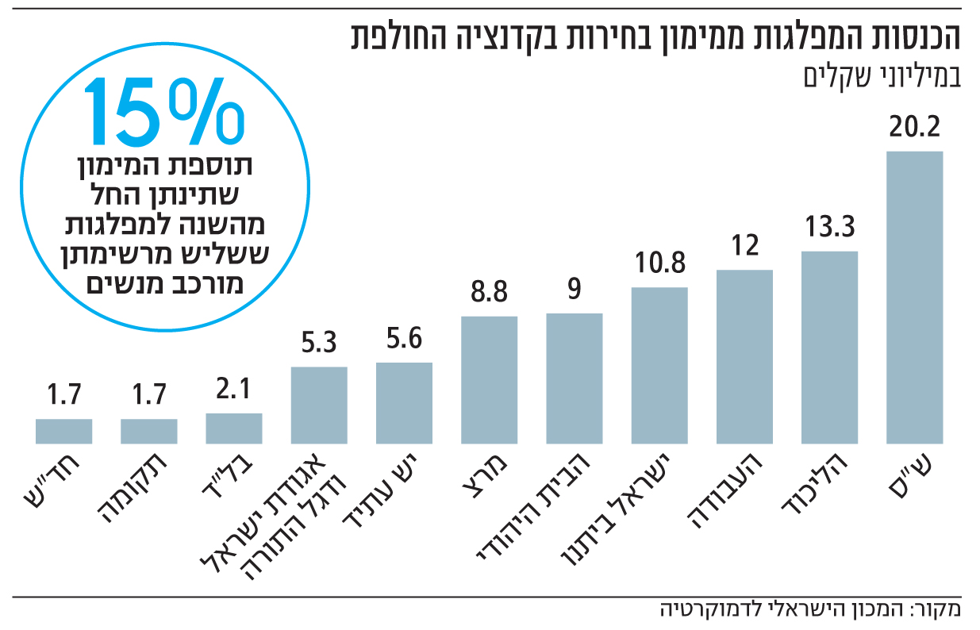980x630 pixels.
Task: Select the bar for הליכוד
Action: click(829, 347)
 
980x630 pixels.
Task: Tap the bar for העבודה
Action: click(744, 356)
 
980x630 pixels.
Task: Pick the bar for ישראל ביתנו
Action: click(659, 365)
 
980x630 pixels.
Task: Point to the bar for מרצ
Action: click(490, 379)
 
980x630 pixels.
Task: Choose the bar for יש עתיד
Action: click(404, 402)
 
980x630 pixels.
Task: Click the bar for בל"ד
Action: click(234, 428)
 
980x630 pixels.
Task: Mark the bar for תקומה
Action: click(149, 431)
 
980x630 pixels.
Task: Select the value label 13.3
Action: click(829, 228)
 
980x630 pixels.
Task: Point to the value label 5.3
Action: click(319, 344)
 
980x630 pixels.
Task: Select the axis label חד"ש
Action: click(63, 480)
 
